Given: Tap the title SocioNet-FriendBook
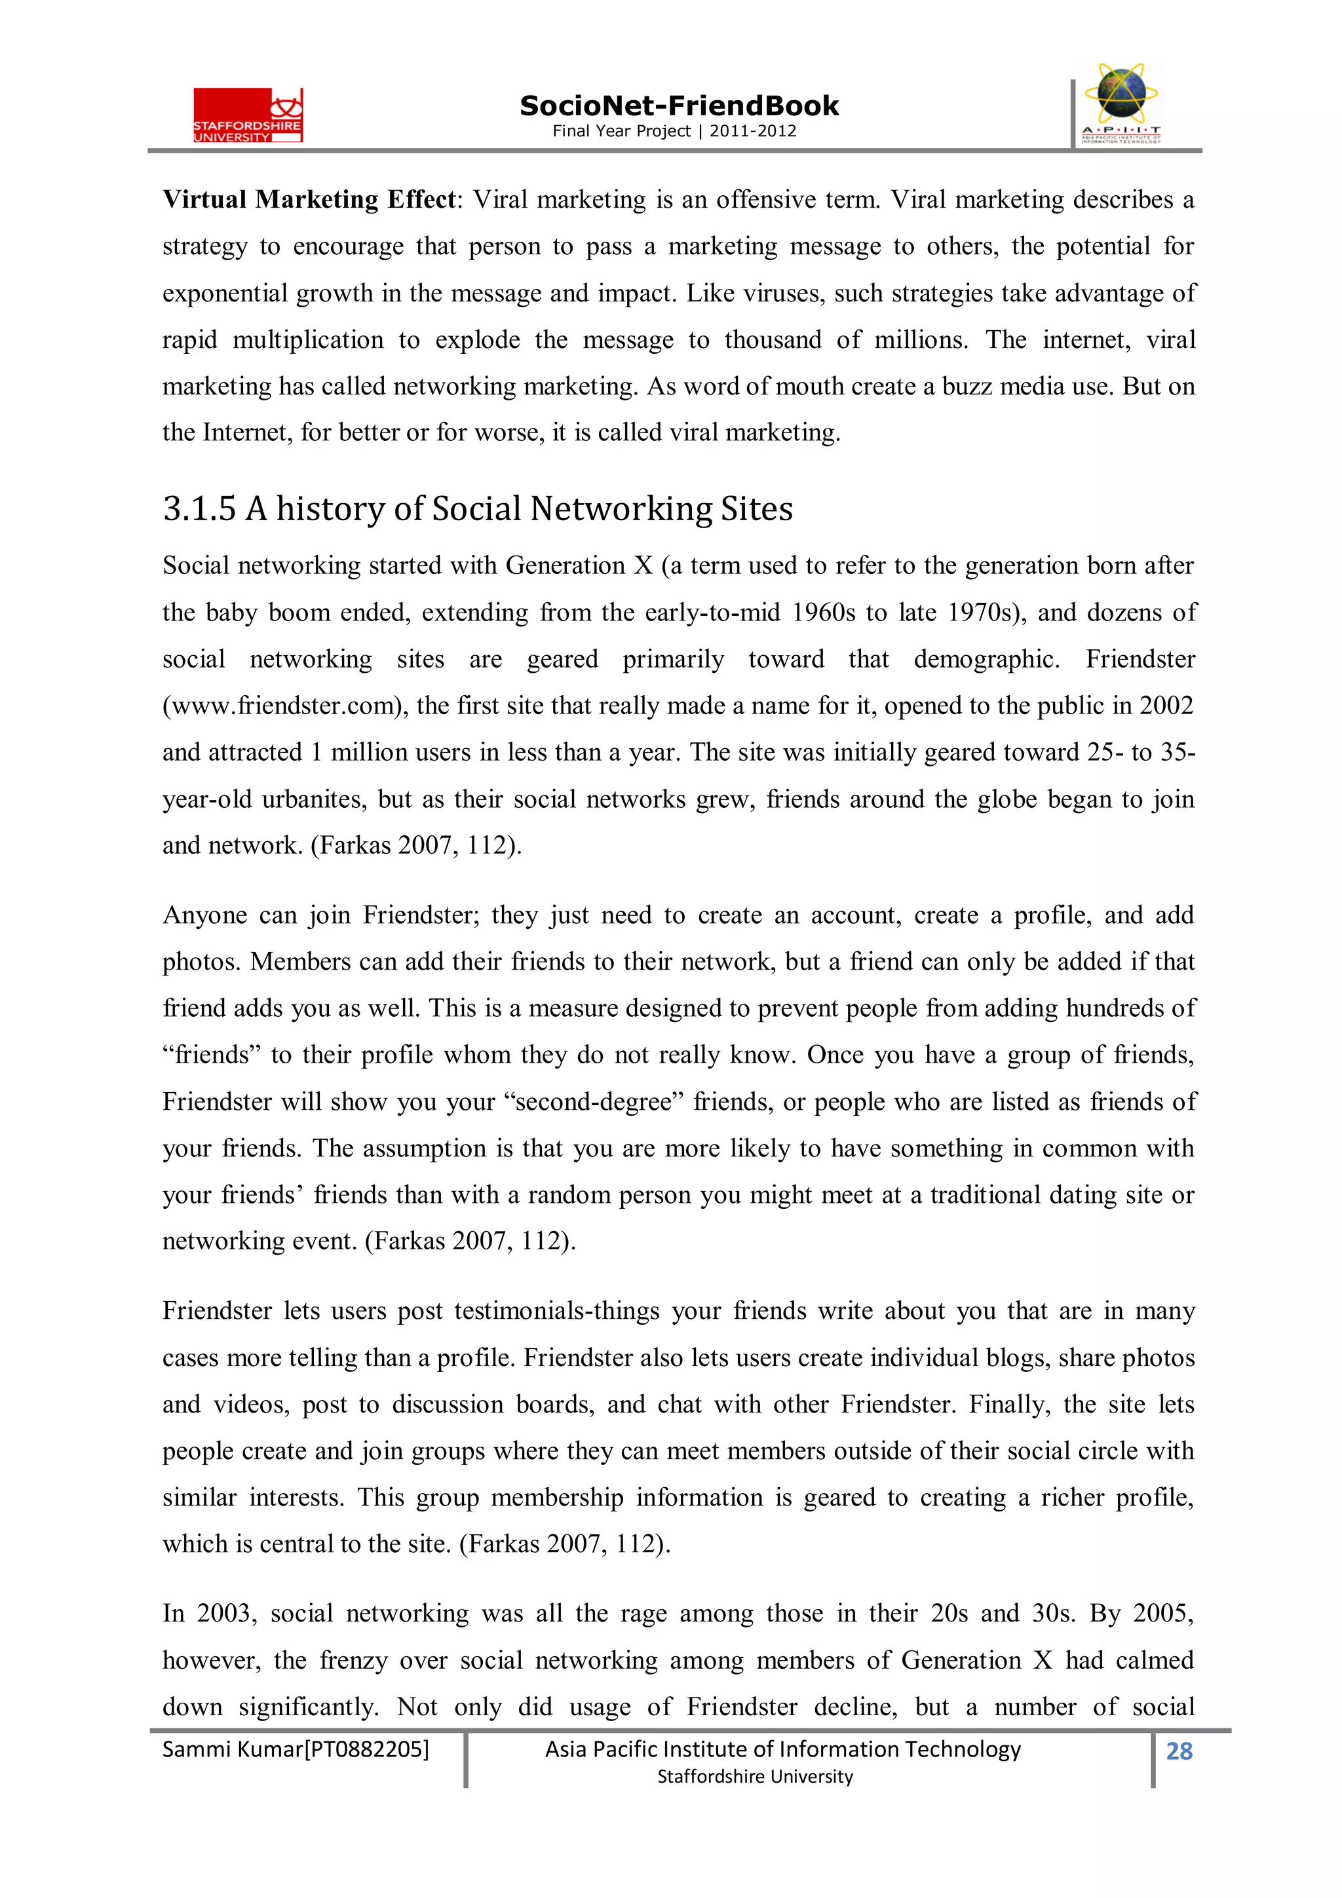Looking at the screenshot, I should [679, 106].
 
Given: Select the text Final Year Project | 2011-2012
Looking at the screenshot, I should [674, 130].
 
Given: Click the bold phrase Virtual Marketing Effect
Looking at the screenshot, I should [309, 199].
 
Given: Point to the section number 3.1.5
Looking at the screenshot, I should [199, 508].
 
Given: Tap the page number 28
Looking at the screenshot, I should [1178, 1751].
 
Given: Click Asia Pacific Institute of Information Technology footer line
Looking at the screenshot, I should [782, 1749].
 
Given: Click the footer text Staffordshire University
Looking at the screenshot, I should [754, 1777].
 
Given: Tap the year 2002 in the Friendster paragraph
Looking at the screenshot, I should [1166, 706].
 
